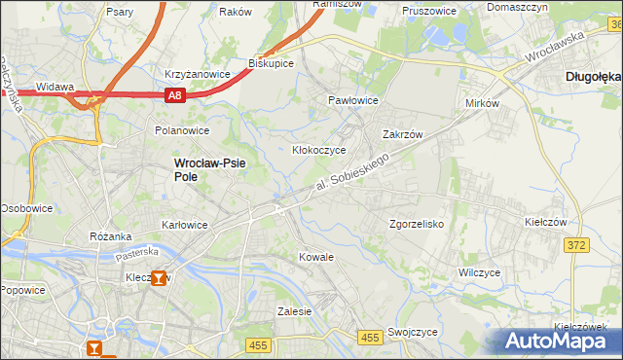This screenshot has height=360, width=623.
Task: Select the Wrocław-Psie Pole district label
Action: click(x=210, y=170)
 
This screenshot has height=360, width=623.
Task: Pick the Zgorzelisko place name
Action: click(x=417, y=223)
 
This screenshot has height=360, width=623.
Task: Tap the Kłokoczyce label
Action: click(x=319, y=151)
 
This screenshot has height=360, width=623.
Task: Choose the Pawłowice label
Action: click(x=352, y=100)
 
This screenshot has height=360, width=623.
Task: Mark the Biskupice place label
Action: click(x=272, y=63)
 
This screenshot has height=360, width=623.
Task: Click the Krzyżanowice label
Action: click(x=197, y=74)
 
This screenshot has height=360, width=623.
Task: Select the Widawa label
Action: click(x=55, y=87)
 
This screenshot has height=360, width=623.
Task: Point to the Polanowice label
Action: click(x=182, y=129)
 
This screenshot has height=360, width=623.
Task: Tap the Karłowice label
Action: click(x=184, y=225)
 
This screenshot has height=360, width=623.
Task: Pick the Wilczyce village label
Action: click(x=479, y=272)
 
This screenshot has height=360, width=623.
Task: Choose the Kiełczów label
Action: click(x=545, y=222)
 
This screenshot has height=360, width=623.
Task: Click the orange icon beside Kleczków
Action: click(x=171, y=278)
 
